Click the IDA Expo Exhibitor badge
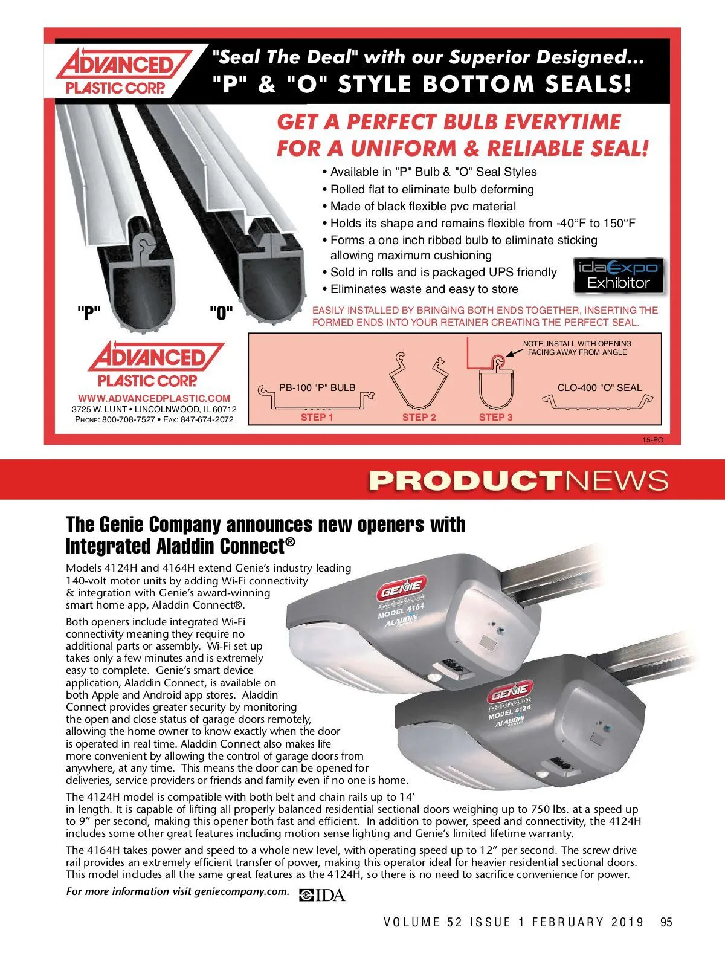tap(619, 276)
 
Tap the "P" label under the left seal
tap(88, 313)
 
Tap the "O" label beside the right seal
tap(221, 313)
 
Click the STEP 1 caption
tap(317, 417)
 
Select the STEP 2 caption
tap(419, 417)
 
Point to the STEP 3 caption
tap(495, 417)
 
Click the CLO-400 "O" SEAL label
tap(599, 388)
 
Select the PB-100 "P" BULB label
tap(317, 388)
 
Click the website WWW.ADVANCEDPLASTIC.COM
tap(154, 398)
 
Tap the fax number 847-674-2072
tap(207, 419)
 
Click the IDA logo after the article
tap(323, 895)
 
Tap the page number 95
tap(666, 922)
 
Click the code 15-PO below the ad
tap(652, 440)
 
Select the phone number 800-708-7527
tap(129, 419)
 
